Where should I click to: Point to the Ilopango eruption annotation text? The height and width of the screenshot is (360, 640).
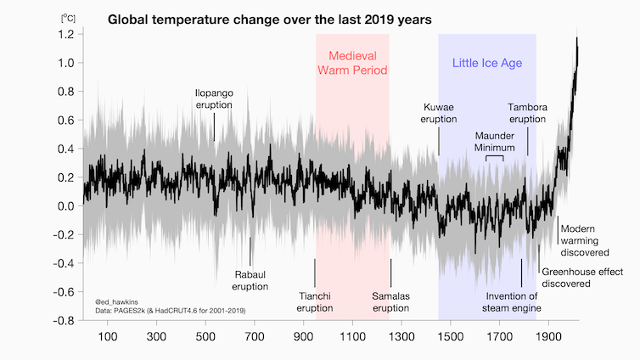[x=214, y=98]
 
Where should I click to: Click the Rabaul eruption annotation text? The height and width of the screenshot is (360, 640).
[x=250, y=280]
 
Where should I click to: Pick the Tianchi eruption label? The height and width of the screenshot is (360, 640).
[x=315, y=301]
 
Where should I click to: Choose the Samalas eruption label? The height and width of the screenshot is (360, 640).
[x=391, y=301]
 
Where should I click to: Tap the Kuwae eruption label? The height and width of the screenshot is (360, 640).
[x=439, y=113]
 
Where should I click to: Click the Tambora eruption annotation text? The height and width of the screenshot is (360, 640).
[x=527, y=113]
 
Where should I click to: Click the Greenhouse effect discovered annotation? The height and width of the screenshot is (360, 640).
[x=582, y=277]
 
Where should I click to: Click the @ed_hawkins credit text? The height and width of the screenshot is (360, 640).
[x=116, y=301]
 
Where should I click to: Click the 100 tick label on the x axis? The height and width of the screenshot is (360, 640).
[x=108, y=337]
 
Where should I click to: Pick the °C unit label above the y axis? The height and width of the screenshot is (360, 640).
[x=66, y=16]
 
